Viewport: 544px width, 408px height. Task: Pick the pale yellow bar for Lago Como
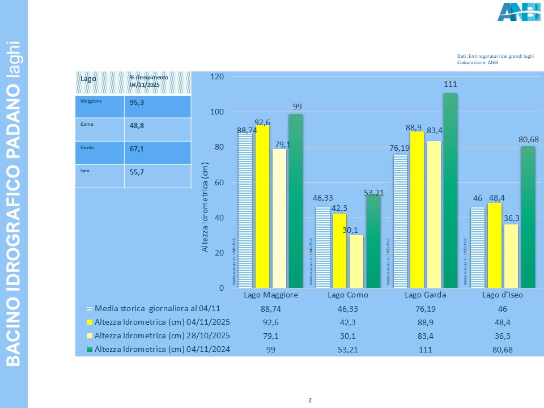356,261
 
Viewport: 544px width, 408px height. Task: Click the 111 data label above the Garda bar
450,84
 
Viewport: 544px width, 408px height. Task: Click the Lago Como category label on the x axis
348,295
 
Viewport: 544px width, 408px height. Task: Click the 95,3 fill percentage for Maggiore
137,104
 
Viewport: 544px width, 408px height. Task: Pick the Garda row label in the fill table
87,147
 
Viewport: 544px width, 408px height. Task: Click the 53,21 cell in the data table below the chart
348,349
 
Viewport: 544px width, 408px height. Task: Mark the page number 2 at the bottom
310,401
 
